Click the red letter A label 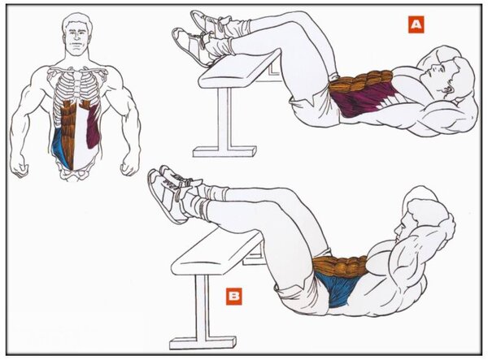tap(416, 24)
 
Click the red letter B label tap(233, 297)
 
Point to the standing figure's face tap(76, 38)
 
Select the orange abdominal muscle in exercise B tap(339, 266)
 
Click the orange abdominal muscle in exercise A tap(361, 81)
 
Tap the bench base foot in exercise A tap(224, 152)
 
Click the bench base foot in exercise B tap(203, 342)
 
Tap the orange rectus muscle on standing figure tap(68, 132)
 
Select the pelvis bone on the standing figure tap(75, 172)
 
